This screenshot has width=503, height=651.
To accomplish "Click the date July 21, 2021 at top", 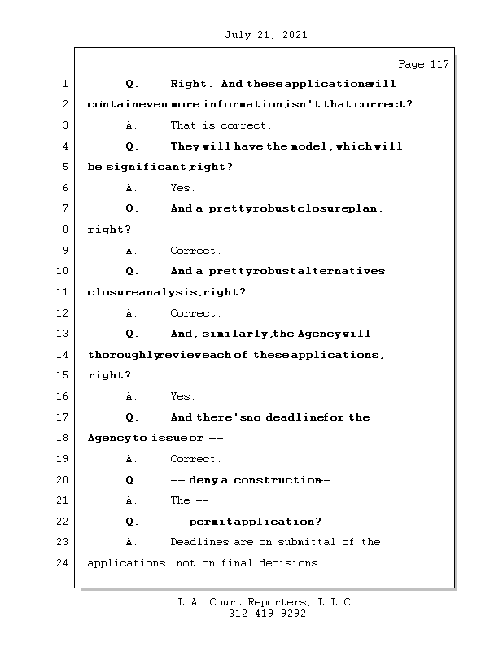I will pyautogui.click(x=264, y=35).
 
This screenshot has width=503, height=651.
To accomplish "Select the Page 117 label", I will pyautogui.click(x=422, y=64).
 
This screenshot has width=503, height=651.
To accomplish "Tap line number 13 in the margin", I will pyautogui.click(x=64, y=334).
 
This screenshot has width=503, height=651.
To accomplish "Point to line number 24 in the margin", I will pyautogui.click(x=64, y=562).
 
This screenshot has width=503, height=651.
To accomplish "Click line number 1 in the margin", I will pyautogui.click(x=64, y=84).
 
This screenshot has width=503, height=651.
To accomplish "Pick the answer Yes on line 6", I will pyautogui.click(x=182, y=188).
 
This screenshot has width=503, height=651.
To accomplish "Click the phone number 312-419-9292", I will pyautogui.click(x=267, y=614).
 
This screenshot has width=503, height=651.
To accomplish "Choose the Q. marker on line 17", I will pyautogui.click(x=133, y=417).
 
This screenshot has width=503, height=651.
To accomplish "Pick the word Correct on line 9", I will pyautogui.click(x=195, y=251).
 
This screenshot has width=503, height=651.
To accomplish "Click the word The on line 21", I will pyautogui.click(x=180, y=500).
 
